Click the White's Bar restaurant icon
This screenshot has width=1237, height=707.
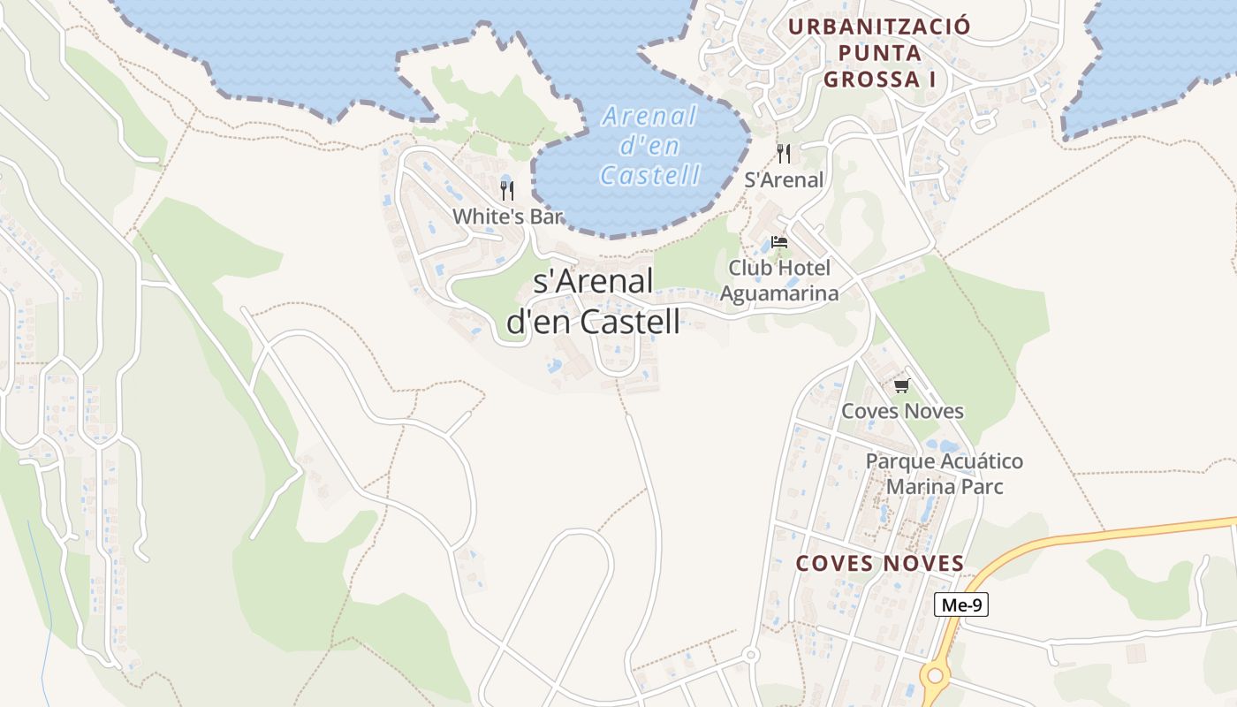pyautogui.click(x=507, y=190)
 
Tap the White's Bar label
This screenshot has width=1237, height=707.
pyautogui.click(x=507, y=217)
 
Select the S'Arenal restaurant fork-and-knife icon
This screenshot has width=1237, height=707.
pyautogui.click(x=784, y=153)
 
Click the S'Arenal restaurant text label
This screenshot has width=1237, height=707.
pyautogui.click(x=784, y=180)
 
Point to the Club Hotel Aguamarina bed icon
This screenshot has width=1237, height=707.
pyautogui.click(x=778, y=241)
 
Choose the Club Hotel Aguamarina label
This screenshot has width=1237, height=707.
pyautogui.click(x=779, y=280)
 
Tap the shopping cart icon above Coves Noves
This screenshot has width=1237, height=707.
pyautogui.click(x=901, y=385)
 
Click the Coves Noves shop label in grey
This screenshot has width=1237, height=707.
pyautogui.click(x=902, y=411)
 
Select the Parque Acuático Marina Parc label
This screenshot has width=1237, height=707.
pyautogui.click(x=944, y=474)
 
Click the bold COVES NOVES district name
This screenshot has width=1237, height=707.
pyautogui.click(x=879, y=564)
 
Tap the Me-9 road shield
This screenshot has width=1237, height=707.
pyautogui.click(x=961, y=605)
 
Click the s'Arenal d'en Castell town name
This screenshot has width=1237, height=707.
pyautogui.click(x=593, y=301)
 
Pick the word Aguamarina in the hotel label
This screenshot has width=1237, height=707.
pyautogui.click(x=779, y=293)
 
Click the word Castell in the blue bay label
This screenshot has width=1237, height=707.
pyautogui.click(x=650, y=175)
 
